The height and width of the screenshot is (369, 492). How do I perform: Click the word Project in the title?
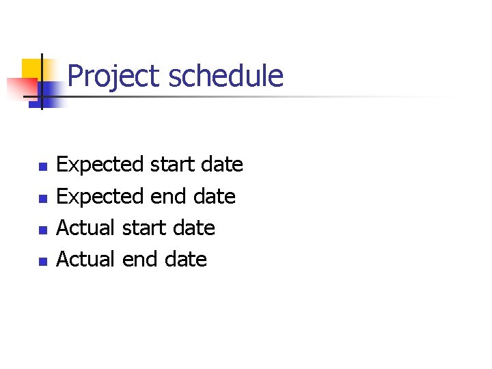pos(115,76)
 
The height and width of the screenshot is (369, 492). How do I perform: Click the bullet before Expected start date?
pos(41,166)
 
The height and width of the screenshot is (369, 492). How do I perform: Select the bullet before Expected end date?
pos(41,197)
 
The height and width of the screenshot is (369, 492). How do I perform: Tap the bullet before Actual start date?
pos(41,229)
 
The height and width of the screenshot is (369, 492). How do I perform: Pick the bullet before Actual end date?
pos(41,260)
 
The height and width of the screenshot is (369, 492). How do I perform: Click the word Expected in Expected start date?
pos(100,165)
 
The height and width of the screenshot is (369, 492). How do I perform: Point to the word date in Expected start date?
pos(222,165)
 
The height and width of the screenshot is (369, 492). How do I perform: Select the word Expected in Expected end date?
pos(100,196)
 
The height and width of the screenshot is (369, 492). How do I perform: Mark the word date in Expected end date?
pos(215,196)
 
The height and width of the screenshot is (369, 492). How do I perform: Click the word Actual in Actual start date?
pos(85,228)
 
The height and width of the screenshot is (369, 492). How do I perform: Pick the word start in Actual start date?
pos(144,228)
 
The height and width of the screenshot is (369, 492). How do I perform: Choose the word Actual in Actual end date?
pos(85,259)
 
